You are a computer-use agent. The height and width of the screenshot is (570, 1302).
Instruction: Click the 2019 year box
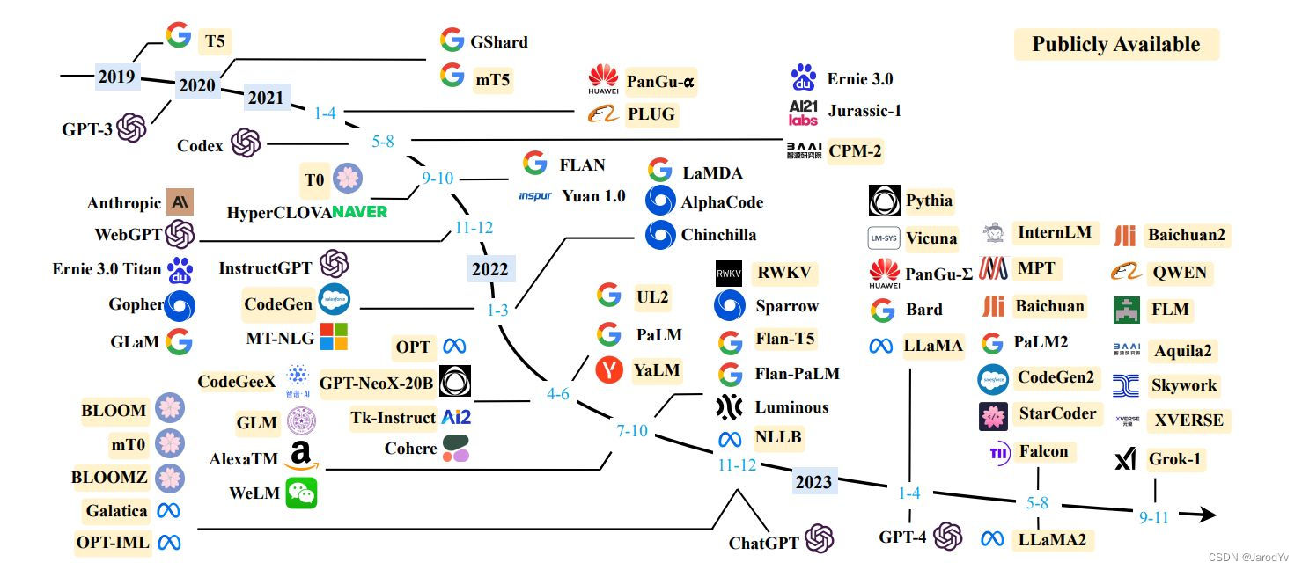click(x=116, y=77)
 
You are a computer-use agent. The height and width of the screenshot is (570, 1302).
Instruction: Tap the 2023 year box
click(x=813, y=482)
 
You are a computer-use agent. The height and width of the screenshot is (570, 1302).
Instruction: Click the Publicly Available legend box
click(x=1115, y=45)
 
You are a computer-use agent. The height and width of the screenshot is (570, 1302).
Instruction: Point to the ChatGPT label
click(x=763, y=543)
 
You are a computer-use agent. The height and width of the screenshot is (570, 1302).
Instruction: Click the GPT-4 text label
click(x=902, y=537)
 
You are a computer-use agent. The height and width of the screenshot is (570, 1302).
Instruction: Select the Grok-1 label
click(x=1174, y=459)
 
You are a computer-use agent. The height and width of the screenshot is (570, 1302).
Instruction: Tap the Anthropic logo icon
click(x=180, y=202)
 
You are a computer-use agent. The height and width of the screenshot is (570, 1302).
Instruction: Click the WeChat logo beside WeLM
click(x=301, y=493)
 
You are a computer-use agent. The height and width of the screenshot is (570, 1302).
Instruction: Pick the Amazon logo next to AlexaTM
click(x=300, y=457)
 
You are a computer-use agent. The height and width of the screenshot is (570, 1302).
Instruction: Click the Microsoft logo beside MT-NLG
click(x=333, y=337)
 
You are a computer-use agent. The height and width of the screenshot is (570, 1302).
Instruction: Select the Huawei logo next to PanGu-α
click(x=603, y=80)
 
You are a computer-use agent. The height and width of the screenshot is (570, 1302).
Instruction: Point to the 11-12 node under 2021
click(x=474, y=228)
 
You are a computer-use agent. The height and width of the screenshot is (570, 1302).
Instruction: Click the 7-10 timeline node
click(x=632, y=431)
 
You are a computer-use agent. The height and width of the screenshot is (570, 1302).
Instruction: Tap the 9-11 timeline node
click(x=1153, y=517)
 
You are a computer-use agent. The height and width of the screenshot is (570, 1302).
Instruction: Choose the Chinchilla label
click(x=717, y=235)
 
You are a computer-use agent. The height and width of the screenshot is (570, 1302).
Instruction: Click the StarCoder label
click(x=1056, y=413)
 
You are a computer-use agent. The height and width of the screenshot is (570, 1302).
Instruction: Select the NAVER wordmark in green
click(x=359, y=212)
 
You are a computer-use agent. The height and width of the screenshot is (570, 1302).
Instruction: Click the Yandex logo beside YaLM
click(x=609, y=370)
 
